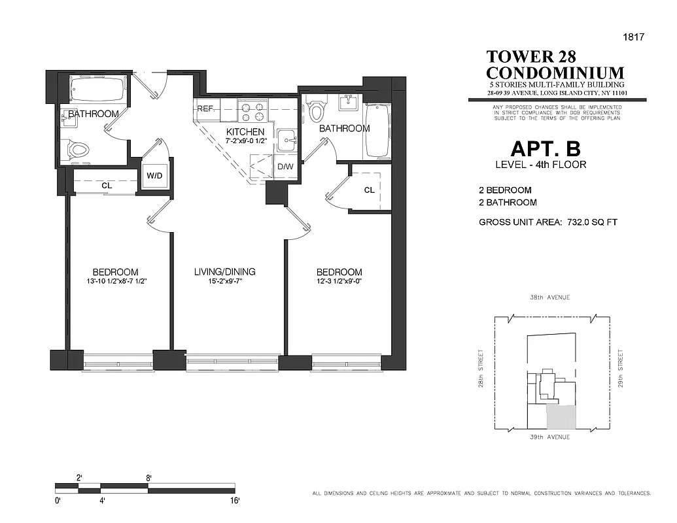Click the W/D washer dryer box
click(155, 176)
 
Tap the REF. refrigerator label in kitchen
click(205, 109)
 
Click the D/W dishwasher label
click(285, 167)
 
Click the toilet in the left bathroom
click(78, 150)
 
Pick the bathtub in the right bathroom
click(378, 131)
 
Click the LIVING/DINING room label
click(224, 272)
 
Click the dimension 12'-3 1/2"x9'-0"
click(339, 282)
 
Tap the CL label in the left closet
click(107, 185)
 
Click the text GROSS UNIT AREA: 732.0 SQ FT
click(548, 222)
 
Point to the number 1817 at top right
click(634, 37)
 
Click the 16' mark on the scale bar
click(234, 501)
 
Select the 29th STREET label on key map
click(620, 367)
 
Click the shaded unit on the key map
click(562, 416)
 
